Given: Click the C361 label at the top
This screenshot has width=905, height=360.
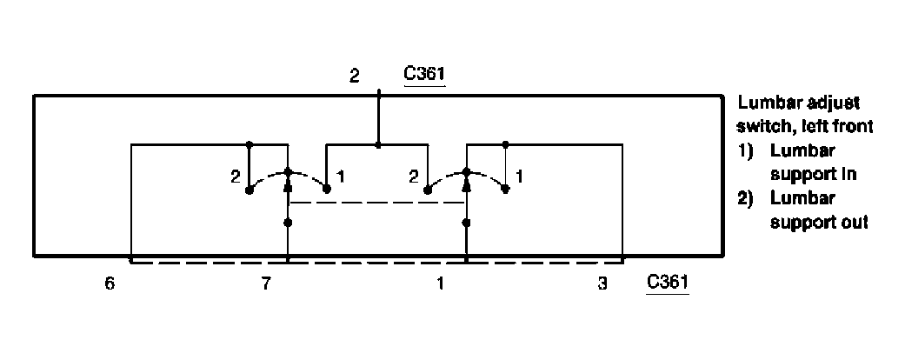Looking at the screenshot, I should coord(424,76).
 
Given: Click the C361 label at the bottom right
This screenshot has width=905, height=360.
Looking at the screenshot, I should coord(668,283).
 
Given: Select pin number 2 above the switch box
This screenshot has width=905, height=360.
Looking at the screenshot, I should coord(354,76).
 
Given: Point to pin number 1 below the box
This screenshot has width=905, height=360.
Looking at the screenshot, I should coord(441,284).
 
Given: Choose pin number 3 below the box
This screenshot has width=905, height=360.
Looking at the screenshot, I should coord(604,284).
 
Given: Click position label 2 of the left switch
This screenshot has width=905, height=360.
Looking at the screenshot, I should coord(235,177).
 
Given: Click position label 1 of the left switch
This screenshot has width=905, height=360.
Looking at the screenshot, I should coord(342,177).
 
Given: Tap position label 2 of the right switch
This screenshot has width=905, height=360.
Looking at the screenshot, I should coord(414,177).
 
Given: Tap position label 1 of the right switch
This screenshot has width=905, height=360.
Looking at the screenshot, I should coord(519,177).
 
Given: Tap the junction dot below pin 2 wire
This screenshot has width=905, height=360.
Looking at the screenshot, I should coord(377,144).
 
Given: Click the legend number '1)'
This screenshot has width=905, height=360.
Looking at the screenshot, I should coord(746,150).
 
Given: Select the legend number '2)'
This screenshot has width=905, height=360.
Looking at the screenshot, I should coord(746,198).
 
